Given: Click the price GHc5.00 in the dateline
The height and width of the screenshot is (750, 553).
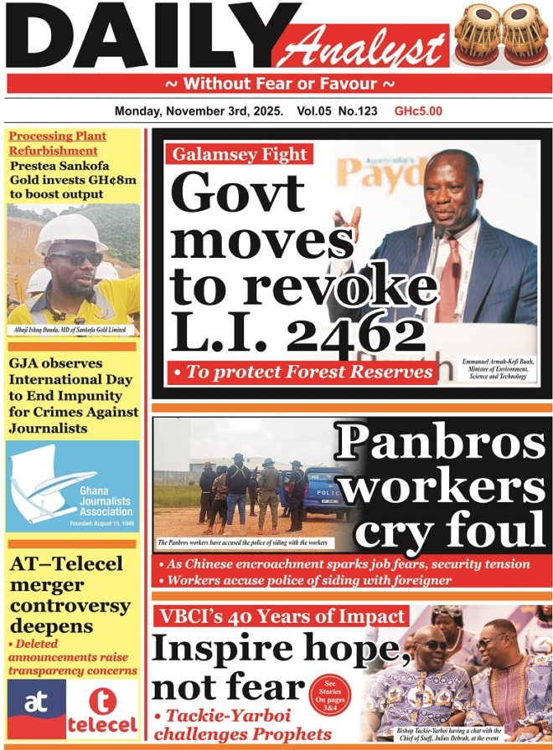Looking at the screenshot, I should [x=418, y=110].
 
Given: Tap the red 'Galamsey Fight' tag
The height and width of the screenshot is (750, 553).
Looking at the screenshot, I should [x=240, y=154].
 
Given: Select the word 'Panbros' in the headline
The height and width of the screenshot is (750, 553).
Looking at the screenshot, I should [x=442, y=443].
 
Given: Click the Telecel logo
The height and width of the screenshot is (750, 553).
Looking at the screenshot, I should [x=103, y=710].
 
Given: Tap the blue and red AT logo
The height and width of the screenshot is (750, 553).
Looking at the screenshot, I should [x=36, y=702].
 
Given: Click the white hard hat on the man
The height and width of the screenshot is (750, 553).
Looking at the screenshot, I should [x=70, y=230].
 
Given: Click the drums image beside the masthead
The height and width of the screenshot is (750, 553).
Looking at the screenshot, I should [x=502, y=35].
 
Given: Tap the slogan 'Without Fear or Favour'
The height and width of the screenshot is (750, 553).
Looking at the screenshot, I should [x=279, y=84].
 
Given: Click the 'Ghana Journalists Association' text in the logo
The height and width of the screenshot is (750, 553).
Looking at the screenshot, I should [x=101, y=501].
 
